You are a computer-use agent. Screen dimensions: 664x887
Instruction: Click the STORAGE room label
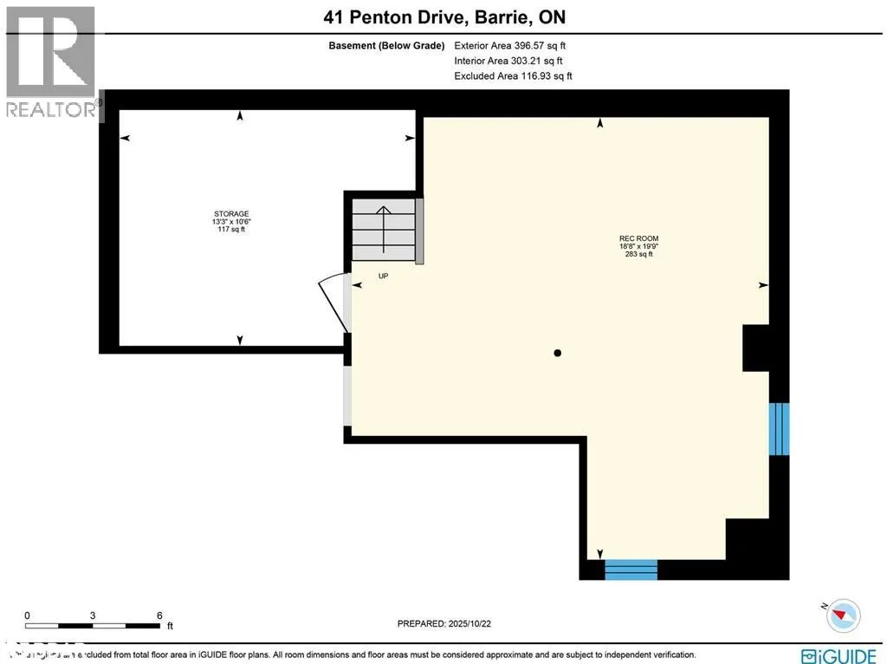pos(231,213)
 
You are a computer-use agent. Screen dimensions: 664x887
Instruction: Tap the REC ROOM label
pos(632,238)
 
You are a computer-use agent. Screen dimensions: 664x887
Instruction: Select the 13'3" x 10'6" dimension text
pos(231,221)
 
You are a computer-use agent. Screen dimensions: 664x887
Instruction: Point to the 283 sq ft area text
pos(631,255)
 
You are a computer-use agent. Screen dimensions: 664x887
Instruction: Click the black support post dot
pos(558,353)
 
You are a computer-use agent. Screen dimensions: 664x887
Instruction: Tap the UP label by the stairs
pos(382,276)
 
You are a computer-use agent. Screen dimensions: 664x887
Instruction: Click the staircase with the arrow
pos(382,230)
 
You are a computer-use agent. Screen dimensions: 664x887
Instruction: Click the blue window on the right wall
pos(780,428)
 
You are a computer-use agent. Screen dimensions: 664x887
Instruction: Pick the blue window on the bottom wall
pos(631,570)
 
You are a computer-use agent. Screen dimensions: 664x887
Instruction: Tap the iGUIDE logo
pos(837,654)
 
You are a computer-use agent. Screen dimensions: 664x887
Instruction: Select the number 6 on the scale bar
pos(159,615)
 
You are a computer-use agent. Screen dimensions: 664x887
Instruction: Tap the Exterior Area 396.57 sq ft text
pos(510,45)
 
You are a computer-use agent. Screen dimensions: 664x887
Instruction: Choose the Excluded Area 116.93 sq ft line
pos(513,76)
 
